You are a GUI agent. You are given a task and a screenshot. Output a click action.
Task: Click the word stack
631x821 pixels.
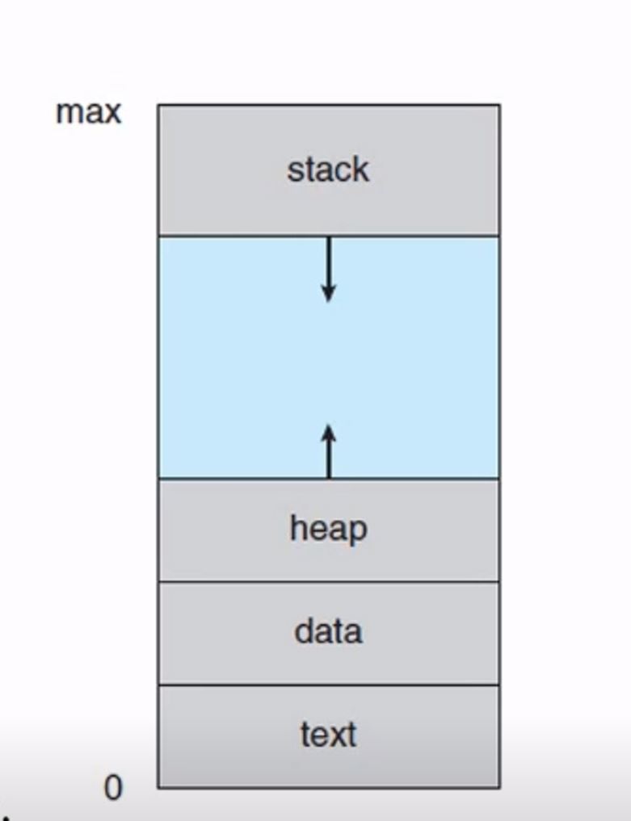click(328, 170)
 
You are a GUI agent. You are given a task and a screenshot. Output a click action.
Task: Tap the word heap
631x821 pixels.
click(328, 530)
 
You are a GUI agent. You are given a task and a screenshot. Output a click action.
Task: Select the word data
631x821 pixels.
click(328, 631)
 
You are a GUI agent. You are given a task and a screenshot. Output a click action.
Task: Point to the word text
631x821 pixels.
click(328, 735)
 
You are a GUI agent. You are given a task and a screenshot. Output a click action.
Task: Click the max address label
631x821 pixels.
click(88, 111)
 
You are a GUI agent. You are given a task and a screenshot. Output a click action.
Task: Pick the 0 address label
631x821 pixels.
click(113, 787)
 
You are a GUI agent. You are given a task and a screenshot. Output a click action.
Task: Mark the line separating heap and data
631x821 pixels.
click(328, 581)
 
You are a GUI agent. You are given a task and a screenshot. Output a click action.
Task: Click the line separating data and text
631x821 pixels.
click(328, 685)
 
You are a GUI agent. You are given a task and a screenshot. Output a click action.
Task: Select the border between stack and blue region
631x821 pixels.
click(242, 236)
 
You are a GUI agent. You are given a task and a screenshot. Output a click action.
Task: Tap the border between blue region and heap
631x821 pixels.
click(242, 478)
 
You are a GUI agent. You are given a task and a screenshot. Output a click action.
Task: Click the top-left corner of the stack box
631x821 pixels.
click(158, 105)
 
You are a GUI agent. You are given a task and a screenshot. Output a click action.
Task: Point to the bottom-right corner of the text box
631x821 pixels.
click(499, 787)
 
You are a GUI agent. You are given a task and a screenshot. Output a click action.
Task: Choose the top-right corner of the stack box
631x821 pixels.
click(499, 105)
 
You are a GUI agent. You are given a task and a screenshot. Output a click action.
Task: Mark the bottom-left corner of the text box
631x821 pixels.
click(158, 787)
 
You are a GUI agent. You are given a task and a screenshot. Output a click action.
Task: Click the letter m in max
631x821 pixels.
click(67, 112)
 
